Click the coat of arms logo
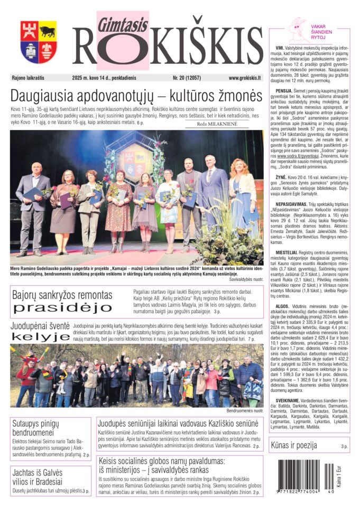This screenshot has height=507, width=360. (39, 42)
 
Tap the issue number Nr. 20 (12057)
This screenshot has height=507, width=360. (190, 78)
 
